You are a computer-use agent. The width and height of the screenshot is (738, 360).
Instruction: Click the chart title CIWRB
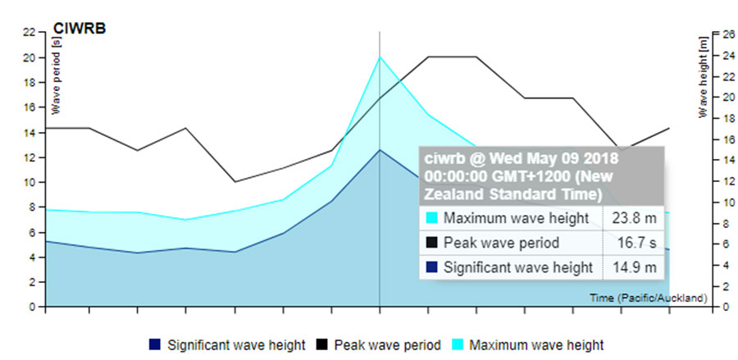click(x=79, y=29)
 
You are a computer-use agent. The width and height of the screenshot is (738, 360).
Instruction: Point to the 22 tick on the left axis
click(x=29, y=32)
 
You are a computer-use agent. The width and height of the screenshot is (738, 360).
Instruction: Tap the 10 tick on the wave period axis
click(x=29, y=182)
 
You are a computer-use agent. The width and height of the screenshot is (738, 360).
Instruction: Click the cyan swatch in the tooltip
click(x=431, y=218)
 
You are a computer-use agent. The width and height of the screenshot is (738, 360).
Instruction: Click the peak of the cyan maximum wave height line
click(x=380, y=57)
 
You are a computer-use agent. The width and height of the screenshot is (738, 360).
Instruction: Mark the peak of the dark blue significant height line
click(x=380, y=150)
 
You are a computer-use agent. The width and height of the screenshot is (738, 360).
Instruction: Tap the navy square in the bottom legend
click(x=154, y=344)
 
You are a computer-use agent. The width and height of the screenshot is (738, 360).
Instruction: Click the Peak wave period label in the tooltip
click(x=501, y=243)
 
